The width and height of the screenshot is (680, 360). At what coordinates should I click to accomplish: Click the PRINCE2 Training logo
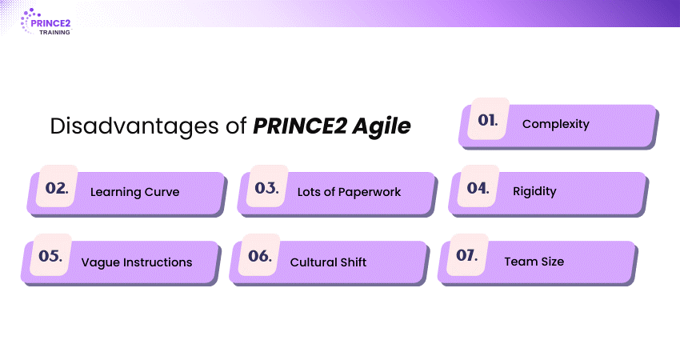click(46, 22)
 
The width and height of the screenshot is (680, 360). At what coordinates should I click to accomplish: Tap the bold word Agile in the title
click(381, 126)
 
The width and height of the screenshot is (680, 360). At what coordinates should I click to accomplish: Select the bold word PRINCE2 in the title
click(300, 126)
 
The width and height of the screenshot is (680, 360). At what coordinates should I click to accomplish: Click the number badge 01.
click(488, 119)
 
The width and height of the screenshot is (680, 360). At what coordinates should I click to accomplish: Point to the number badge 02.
click(57, 187)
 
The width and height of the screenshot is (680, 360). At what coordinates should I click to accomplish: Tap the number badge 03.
click(266, 187)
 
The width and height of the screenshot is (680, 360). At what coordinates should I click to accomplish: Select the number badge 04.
click(478, 187)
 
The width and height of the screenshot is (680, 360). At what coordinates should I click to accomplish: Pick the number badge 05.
click(50, 255)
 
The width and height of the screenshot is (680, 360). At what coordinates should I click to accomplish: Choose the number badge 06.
click(260, 255)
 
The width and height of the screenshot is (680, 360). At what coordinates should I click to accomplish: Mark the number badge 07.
click(467, 254)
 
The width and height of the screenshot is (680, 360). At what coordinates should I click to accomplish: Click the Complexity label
click(555, 124)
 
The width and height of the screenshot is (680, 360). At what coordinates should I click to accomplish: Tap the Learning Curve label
click(134, 192)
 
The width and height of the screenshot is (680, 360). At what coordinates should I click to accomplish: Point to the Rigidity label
click(534, 191)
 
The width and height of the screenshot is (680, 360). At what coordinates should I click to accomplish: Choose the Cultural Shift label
click(328, 262)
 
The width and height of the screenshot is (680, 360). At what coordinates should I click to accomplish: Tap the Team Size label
click(534, 261)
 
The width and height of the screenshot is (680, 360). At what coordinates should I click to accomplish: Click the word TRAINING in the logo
click(54, 32)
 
